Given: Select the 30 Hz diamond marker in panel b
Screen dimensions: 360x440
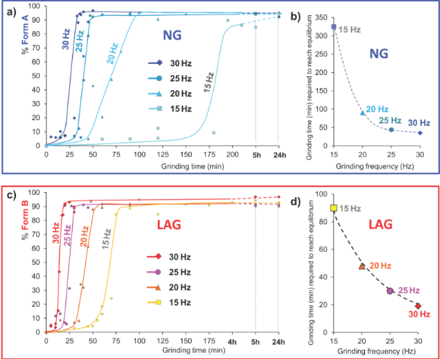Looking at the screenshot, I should (420, 132).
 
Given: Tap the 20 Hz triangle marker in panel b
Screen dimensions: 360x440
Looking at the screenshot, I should (362, 113).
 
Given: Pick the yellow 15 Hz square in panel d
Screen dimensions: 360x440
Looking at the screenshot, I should (334, 208).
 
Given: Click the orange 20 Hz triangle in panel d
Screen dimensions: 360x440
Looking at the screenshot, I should (362, 266).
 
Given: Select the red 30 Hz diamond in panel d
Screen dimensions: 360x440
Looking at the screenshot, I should (420, 306).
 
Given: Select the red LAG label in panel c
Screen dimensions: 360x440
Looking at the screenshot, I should (171, 226).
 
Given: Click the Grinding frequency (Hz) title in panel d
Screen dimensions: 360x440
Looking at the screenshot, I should (376, 351).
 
